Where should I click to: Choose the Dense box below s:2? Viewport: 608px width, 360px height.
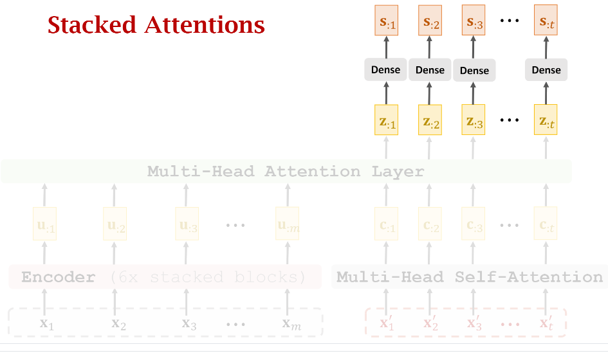point(430,70)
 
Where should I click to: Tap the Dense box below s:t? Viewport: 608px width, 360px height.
point(546,70)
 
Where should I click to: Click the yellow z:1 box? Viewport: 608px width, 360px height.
point(387,120)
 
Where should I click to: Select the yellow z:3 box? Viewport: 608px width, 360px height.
point(474,120)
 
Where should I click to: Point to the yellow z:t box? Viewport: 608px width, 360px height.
point(546,120)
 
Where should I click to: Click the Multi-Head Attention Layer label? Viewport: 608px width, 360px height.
point(286,172)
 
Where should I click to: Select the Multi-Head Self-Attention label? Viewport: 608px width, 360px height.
point(470,277)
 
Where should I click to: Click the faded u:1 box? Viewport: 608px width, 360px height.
point(44,224)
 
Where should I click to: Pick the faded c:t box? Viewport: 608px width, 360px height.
point(546,224)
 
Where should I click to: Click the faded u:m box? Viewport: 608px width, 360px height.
point(288,224)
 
